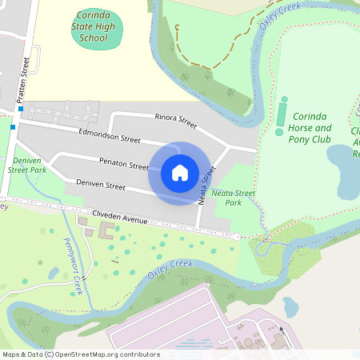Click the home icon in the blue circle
click(180, 172)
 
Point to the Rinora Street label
click(175, 121)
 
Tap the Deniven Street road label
click(101, 185)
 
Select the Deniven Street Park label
click(26, 164)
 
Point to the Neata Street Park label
click(233, 197)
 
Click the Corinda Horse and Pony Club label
click(310, 127)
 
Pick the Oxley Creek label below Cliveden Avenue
click(170, 269)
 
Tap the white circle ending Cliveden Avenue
click(237, 237)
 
